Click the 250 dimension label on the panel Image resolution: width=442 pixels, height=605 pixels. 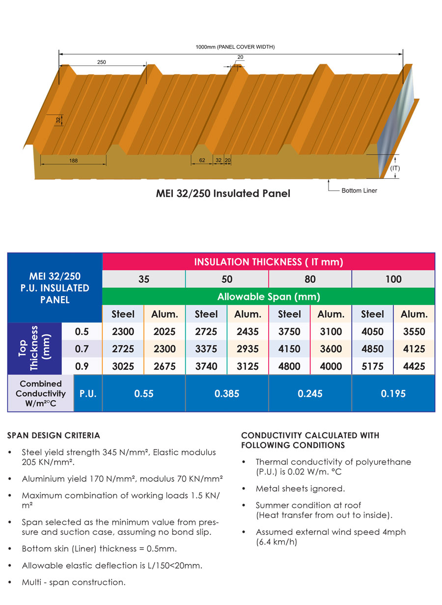point(102,62)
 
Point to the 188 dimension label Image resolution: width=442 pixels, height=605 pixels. point(73,160)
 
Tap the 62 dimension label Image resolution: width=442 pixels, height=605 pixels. point(202,160)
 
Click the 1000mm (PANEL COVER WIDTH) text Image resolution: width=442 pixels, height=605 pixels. point(235,47)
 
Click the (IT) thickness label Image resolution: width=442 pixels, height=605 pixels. point(395,168)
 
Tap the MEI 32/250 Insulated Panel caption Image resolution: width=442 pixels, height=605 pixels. point(223,193)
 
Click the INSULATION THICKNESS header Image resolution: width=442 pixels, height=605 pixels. point(268,262)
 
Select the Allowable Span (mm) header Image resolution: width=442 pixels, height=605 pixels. point(268,297)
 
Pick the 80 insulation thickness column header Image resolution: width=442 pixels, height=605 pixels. point(310,279)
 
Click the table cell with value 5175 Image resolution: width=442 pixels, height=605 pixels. point(372,366)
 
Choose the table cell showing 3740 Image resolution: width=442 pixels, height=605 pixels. point(206,366)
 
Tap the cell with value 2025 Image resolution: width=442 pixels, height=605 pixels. point(164,331)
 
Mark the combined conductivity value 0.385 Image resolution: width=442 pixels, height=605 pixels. point(227,394)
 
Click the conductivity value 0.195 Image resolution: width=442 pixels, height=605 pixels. point(393,394)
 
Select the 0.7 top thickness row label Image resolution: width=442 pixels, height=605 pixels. point(82,349)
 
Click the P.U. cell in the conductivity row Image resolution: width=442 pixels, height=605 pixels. point(88,394)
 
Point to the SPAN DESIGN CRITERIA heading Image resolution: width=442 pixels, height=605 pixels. point(54,436)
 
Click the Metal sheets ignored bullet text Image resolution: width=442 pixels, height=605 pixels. point(300,489)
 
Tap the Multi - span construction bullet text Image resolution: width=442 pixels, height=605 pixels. point(74,582)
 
